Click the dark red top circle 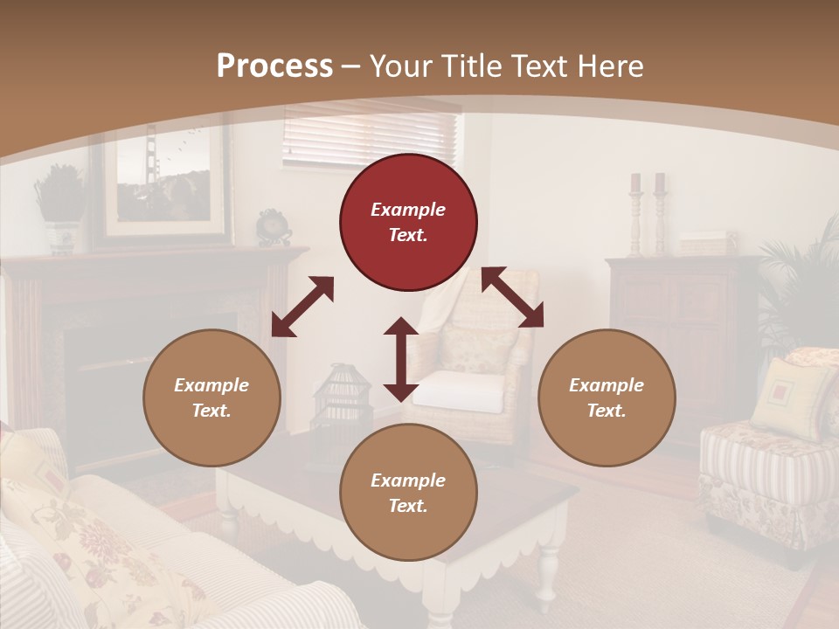click(x=408, y=223)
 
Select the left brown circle click(x=211, y=397)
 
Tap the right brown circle click(x=607, y=397)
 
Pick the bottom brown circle click(x=408, y=493)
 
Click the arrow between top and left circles click(x=302, y=307)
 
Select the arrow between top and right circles click(x=512, y=297)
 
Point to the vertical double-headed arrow click(x=400, y=359)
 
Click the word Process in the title click(x=274, y=66)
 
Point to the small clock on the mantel click(x=273, y=226)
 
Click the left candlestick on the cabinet click(x=635, y=214)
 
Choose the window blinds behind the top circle click(x=371, y=135)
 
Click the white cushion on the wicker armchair click(x=460, y=391)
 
